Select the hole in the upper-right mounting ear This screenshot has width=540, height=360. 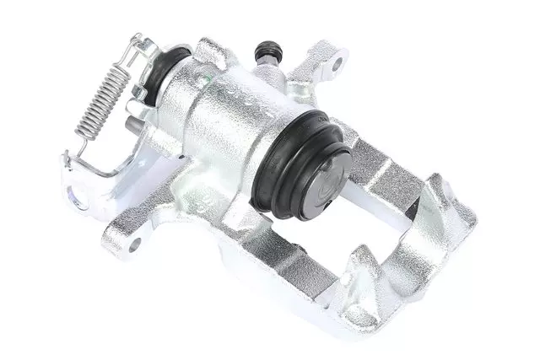[x=338, y=61]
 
